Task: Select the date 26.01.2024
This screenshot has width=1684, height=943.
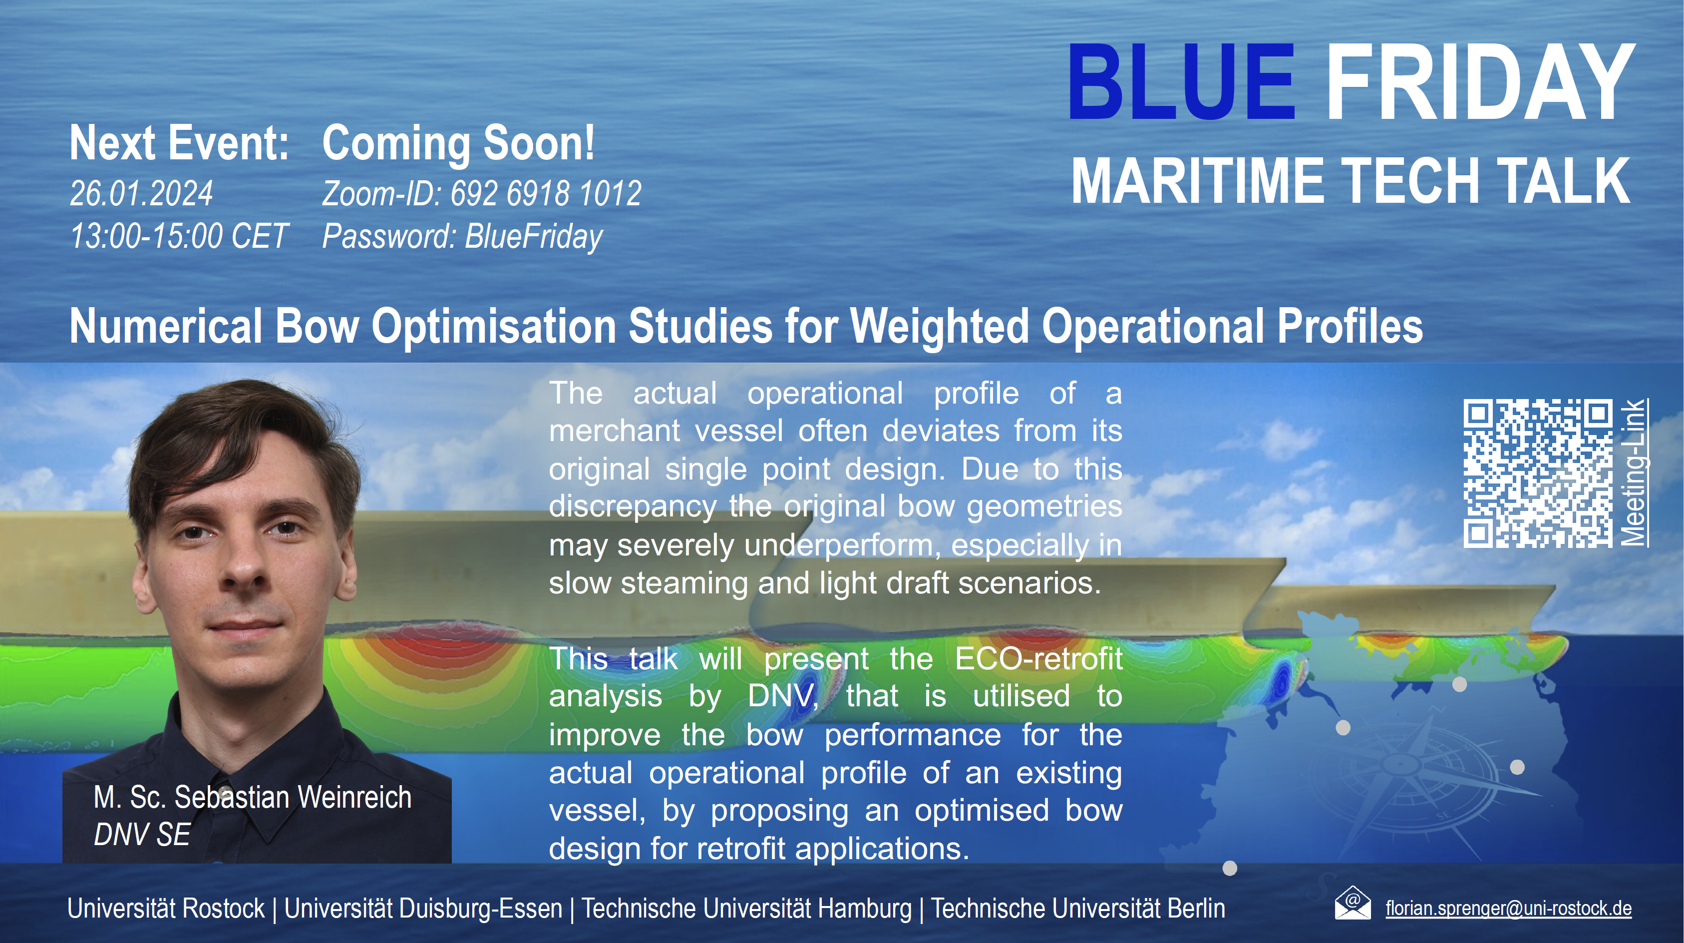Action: [x=141, y=194]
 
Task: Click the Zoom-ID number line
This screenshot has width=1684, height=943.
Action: [x=482, y=194]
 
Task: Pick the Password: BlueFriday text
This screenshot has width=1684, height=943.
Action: [x=462, y=237]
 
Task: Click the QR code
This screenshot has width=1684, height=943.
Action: [x=1538, y=473]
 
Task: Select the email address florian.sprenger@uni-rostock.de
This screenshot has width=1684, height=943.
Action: [x=1508, y=909]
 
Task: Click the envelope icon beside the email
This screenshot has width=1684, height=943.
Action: [x=1352, y=903]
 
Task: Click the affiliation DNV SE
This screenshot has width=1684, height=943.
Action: [x=142, y=835]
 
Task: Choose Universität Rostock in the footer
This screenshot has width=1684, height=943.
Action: [x=166, y=909]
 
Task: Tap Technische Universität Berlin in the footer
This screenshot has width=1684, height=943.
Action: [x=1078, y=909]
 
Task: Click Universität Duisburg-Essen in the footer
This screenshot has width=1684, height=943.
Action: [x=423, y=909]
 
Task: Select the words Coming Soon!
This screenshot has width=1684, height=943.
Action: [x=458, y=143]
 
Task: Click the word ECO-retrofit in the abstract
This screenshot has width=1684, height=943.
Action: [x=1039, y=658]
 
